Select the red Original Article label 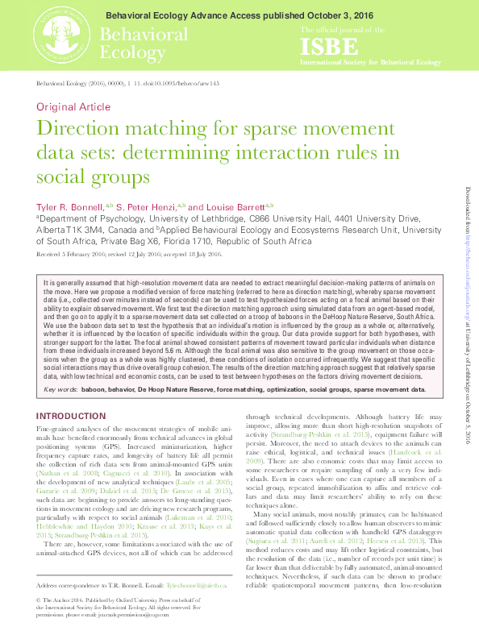tap(73, 107)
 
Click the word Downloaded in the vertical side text tap(467, 205)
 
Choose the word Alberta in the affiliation tap(52, 230)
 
